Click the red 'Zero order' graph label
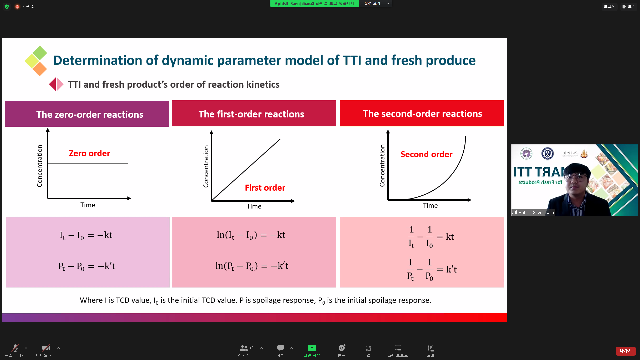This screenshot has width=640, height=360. coord(89,153)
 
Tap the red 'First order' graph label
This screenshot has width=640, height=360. coord(265,188)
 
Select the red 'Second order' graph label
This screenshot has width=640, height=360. coord(426,154)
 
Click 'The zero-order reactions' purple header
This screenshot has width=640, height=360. coord(87,114)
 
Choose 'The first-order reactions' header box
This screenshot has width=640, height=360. coord(254,113)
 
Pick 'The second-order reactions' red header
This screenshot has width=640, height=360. coord(422,113)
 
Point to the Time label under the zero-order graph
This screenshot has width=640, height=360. coord(88,205)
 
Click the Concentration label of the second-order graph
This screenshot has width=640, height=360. coord(382,165)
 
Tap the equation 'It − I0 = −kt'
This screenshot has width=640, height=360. coord(86,235)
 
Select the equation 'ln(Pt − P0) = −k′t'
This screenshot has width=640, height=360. coord(252,266)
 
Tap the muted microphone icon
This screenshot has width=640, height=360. coord(15,348)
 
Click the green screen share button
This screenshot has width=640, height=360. coord(312,348)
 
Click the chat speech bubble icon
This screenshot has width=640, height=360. coord(281,348)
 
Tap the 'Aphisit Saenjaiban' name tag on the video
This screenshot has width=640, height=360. coord(533,212)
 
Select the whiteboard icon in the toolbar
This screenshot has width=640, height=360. coord(398,348)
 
